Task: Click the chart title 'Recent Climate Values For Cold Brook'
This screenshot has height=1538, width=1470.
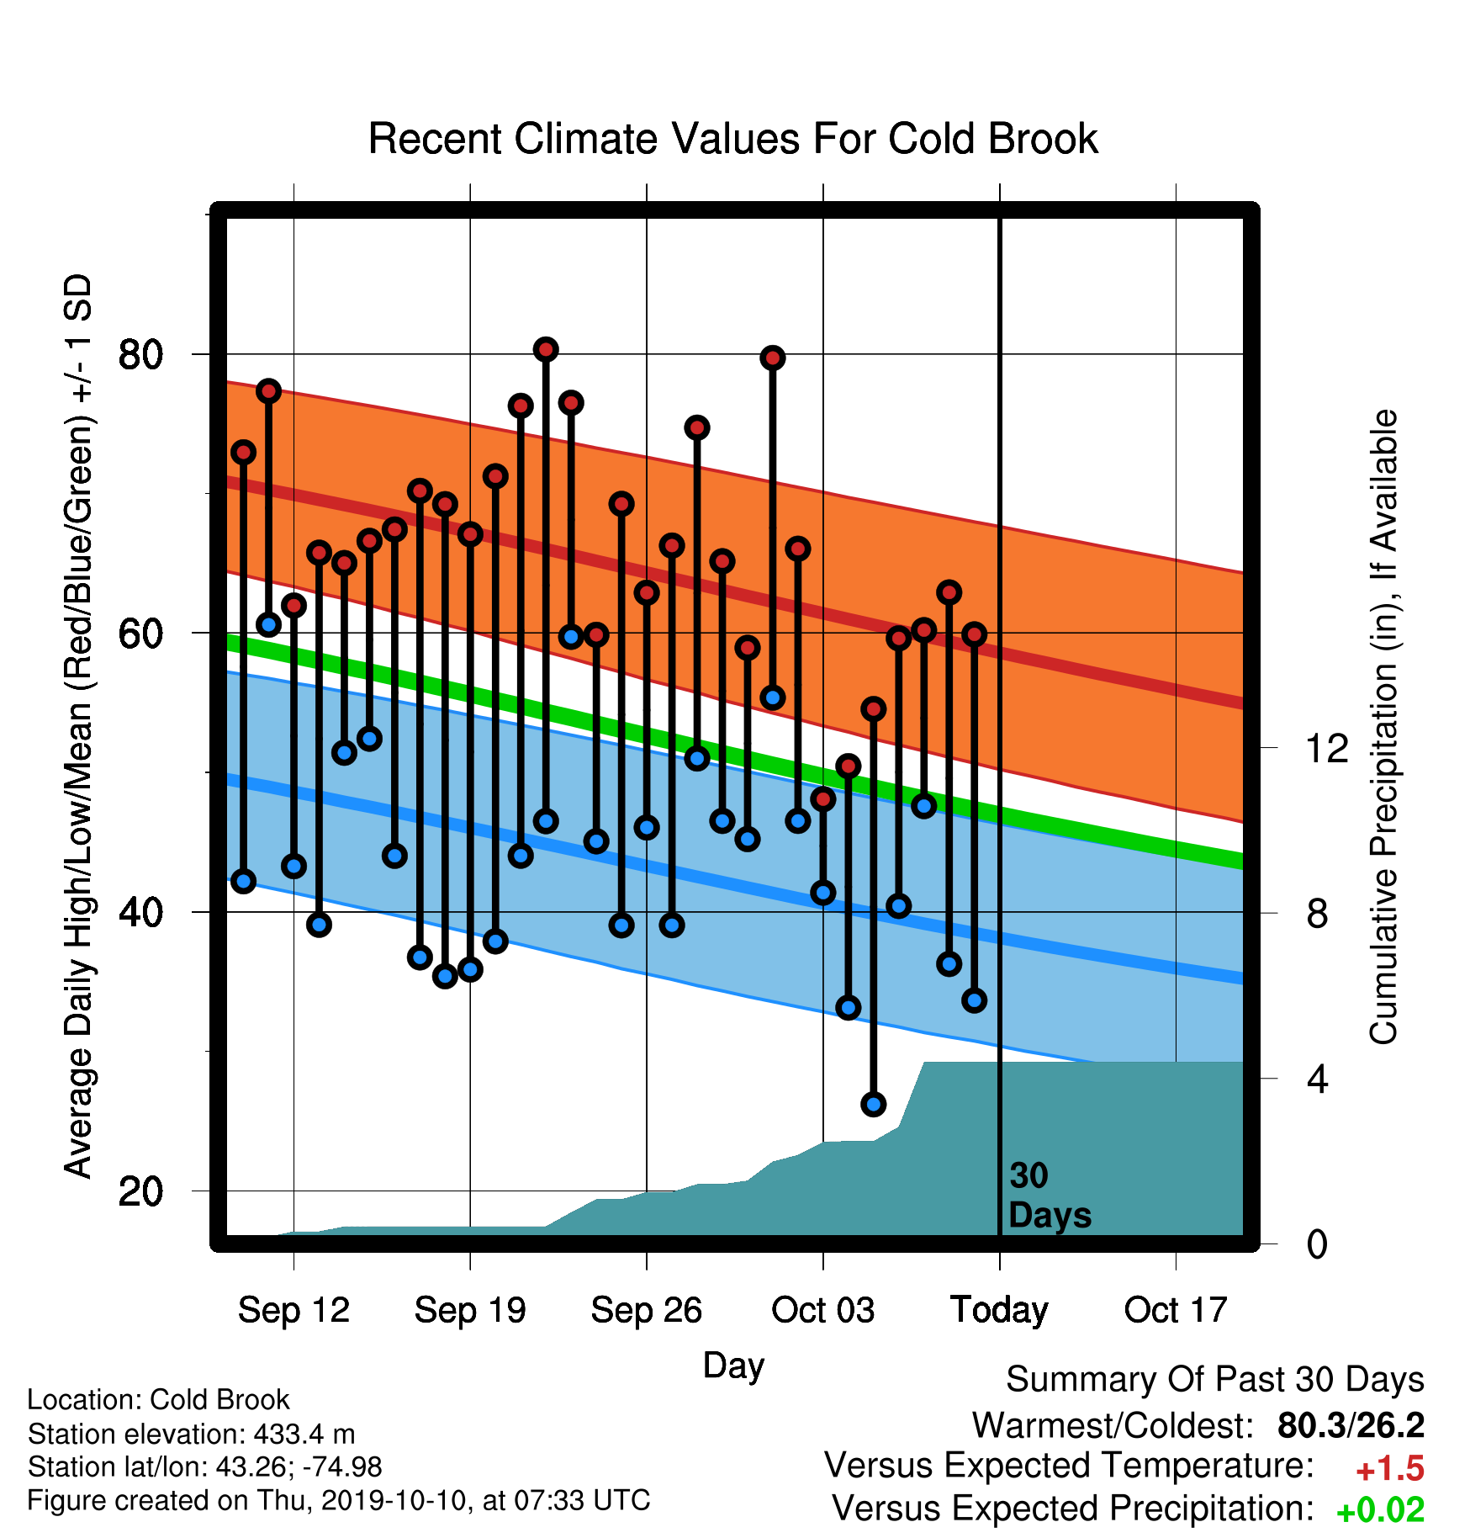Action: tap(733, 139)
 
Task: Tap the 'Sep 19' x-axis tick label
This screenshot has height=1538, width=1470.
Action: tap(470, 1310)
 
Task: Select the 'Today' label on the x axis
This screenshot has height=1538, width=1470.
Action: tap(999, 1310)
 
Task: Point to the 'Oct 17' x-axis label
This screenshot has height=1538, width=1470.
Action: tap(1176, 1310)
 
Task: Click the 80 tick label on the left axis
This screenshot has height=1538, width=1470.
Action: tap(141, 354)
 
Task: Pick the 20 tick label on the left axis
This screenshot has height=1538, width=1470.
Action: tap(141, 1191)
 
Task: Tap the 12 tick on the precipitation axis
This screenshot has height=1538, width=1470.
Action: tap(1327, 748)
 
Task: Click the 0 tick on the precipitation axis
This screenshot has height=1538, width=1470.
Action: tap(1317, 1244)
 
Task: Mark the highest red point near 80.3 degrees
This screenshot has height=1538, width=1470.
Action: tap(546, 349)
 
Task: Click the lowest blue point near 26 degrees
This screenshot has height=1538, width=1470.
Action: tap(874, 1105)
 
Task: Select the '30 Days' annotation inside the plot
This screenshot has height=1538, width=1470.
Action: tap(1050, 1196)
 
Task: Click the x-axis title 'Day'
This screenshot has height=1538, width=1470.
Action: tap(733, 1366)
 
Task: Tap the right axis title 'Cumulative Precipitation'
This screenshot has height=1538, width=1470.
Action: tap(1383, 728)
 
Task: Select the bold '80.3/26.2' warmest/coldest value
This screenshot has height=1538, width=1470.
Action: tap(1351, 1425)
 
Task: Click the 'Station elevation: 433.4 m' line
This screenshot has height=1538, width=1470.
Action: tap(191, 1434)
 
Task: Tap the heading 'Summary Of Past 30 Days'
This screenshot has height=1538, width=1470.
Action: tap(1215, 1380)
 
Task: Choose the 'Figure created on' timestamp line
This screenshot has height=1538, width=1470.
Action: tap(339, 1501)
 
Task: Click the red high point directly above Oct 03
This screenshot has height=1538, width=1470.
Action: tap(823, 798)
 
